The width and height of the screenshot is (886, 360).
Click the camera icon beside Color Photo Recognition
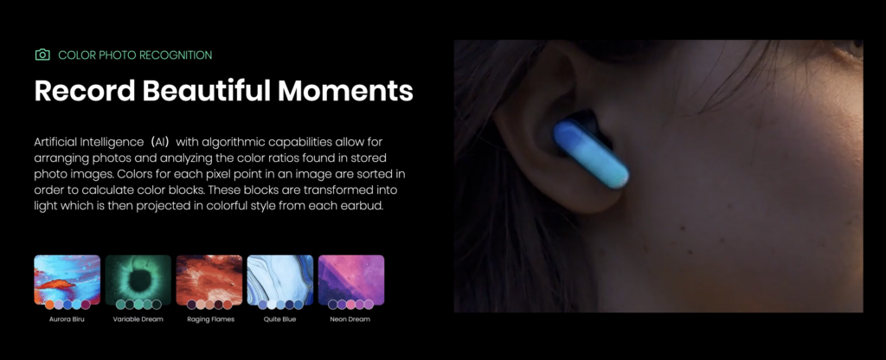(42, 55)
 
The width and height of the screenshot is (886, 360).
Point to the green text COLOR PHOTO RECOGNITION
(135, 55)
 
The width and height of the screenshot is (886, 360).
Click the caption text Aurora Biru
(67, 318)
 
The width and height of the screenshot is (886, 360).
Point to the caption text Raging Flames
(209, 318)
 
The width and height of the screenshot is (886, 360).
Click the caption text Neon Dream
(351, 318)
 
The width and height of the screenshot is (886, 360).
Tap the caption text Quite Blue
(280, 318)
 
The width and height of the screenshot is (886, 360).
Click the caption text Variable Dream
(138, 318)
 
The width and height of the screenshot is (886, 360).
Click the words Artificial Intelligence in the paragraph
(88, 140)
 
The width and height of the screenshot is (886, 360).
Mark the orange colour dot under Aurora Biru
(49, 305)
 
